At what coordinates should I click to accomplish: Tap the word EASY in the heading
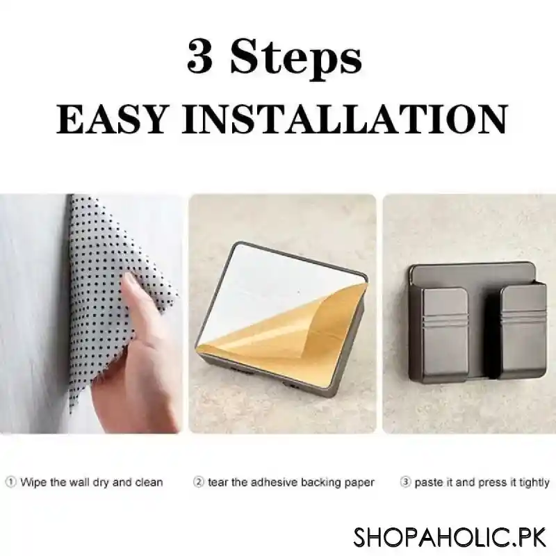(x=111, y=119)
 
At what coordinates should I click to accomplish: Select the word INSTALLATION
(x=344, y=119)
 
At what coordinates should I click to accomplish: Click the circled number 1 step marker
(x=10, y=482)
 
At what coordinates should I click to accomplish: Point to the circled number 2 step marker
(x=199, y=482)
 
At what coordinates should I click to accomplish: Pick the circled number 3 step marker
(x=405, y=482)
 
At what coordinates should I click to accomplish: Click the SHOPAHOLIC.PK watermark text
(x=450, y=537)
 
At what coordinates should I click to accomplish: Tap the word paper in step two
(x=359, y=483)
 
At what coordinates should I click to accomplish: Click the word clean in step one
(x=149, y=482)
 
